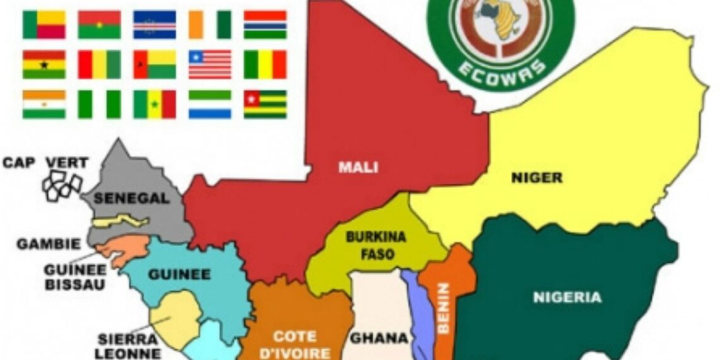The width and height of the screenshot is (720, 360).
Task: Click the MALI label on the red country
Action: pos(358,167)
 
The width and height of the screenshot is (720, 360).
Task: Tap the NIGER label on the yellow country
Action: pos(536,178)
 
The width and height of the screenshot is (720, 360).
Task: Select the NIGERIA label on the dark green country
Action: pos(567,297)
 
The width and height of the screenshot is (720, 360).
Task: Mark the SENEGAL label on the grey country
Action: pos(131,198)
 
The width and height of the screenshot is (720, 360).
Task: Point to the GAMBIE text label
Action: pos(49,244)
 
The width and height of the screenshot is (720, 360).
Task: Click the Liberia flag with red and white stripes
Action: pos(210,64)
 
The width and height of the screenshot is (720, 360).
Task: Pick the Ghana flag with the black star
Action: pos(44,64)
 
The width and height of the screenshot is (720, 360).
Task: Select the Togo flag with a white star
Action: pos(265,104)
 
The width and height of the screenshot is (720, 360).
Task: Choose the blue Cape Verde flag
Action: pos(154,25)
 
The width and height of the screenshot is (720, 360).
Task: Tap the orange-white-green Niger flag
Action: pos(44,104)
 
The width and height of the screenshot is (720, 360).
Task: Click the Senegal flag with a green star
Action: pos(154,104)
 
